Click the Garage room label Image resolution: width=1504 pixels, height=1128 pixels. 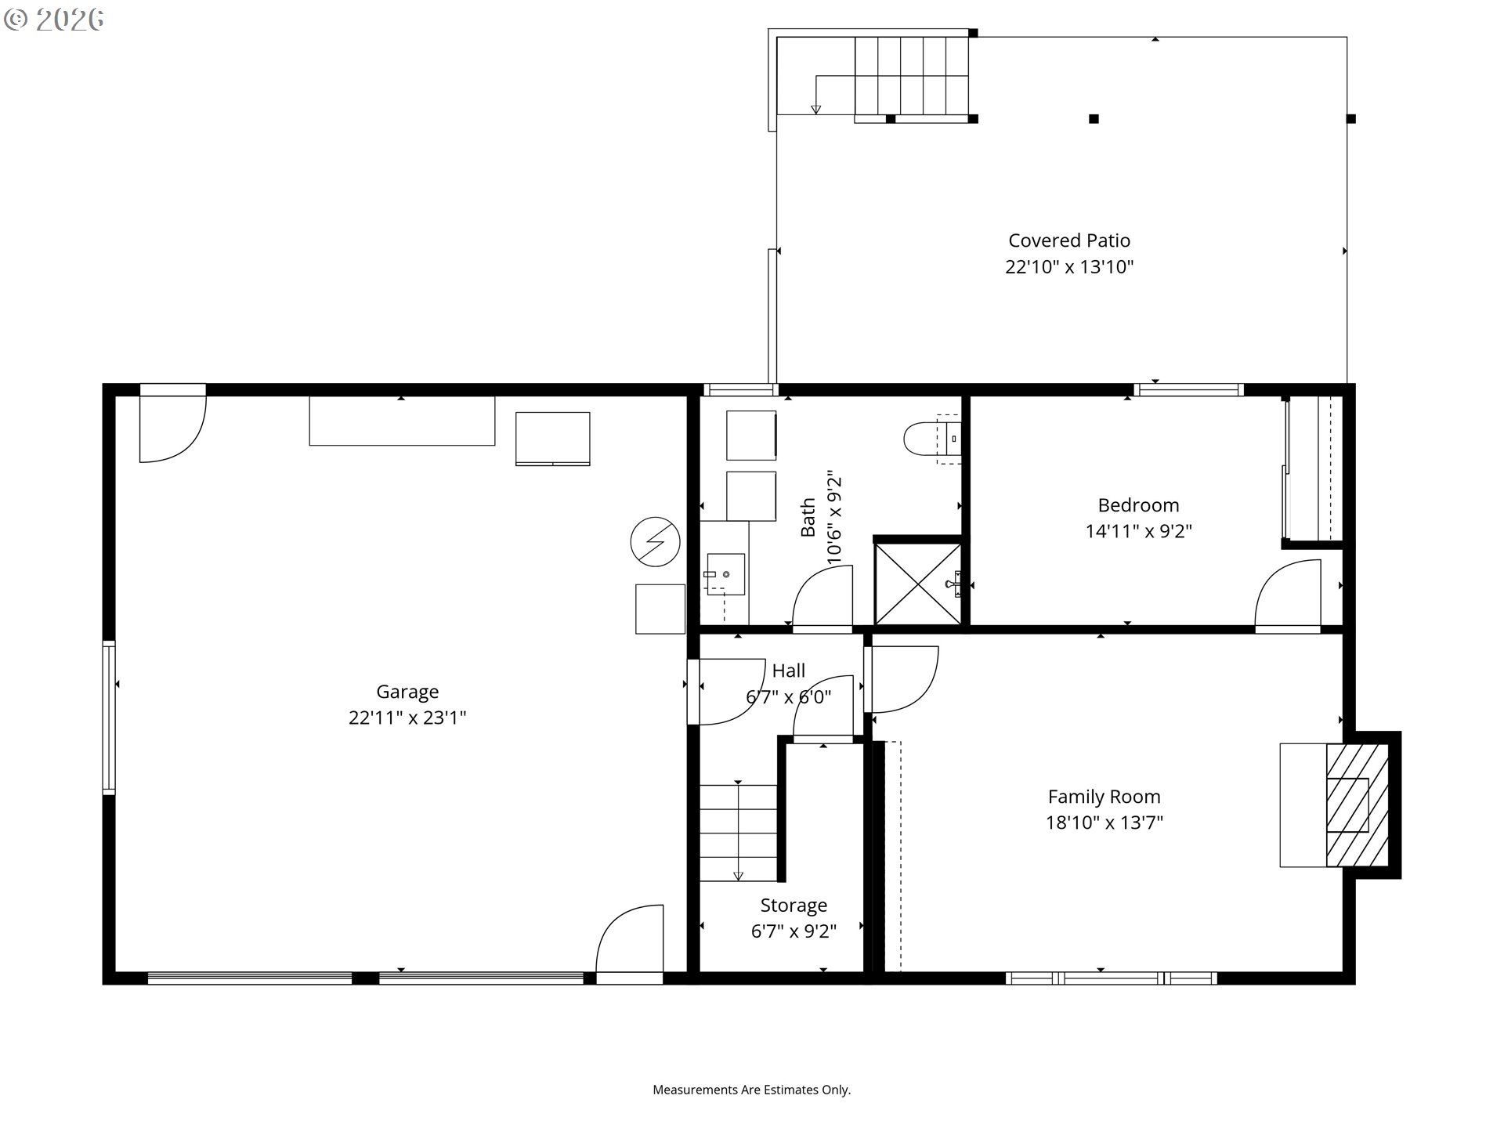(x=407, y=692)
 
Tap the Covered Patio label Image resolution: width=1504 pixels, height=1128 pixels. (x=1069, y=240)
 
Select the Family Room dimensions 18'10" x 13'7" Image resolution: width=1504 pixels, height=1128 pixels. (x=1104, y=822)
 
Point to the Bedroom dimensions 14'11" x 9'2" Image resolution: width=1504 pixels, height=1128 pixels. (x=1138, y=531)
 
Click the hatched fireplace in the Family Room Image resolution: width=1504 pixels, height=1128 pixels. (x=1357, y=805)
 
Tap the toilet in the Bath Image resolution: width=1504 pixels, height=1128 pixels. (x=932, y=439)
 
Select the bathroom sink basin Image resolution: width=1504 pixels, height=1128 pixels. (x=725, y=574)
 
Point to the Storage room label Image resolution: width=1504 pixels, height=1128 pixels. (x=794, y=906)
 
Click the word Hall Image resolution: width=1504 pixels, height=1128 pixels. (x=788, y=671)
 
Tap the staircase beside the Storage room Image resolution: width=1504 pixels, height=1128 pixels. (x=738, y=833)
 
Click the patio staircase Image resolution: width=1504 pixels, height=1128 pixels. (x=911, y=75)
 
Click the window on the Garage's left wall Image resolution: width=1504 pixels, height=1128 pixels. (x=109, y=718)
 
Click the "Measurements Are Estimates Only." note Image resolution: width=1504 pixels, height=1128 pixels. (x=752, y=1090)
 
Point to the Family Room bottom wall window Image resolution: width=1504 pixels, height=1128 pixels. (x=1111, y=978)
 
